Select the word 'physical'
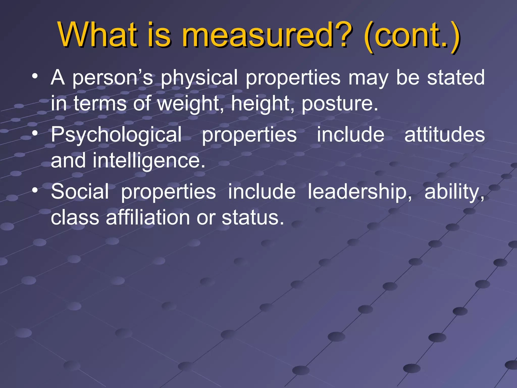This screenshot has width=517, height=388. (199, 78)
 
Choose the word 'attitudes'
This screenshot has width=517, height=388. (445, 134)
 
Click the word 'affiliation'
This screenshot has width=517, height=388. (148, 217)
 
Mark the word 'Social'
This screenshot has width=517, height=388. (80, 191)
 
